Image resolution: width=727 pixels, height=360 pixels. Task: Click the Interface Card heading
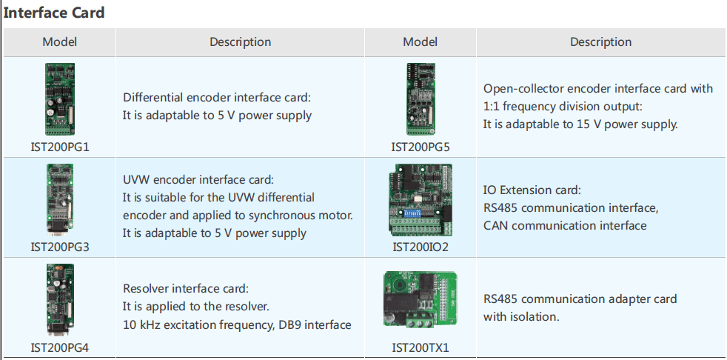click(54, 13)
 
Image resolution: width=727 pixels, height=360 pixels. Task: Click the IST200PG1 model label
click(60, 147)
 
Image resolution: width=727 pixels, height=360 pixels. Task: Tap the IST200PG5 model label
click(420, 147)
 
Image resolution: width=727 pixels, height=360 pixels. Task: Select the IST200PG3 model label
click(60, 247)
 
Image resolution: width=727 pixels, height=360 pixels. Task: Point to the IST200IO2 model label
click(421, 247)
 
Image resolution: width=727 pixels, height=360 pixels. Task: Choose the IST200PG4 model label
click(60, 347)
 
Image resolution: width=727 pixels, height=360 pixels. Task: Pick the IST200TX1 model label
click(421, 347)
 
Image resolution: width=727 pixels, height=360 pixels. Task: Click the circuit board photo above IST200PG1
click(60, 99)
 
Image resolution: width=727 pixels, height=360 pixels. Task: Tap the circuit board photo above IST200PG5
click(421, 99)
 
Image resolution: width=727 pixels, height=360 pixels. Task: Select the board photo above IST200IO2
click(421, 200)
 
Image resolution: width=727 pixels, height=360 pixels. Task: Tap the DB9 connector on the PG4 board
click(59, 328)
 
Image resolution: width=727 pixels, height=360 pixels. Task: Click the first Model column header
click(60, 41)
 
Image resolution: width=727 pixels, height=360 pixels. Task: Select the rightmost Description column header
click(601, 41)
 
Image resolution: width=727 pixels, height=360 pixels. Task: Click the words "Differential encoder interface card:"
click(217, 98)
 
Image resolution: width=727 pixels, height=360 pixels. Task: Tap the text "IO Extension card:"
click(532, 190)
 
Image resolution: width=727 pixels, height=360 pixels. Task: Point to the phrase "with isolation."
click(521, 317)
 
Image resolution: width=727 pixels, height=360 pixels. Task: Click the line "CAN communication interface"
click(565, 226)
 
